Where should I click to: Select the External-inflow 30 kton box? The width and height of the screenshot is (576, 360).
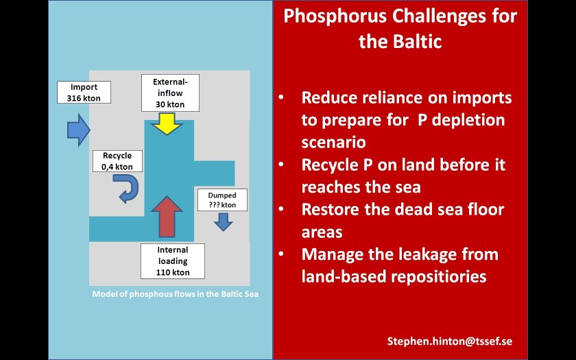pos(170,93)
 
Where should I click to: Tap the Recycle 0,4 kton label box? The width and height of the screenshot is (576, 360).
pos(117,160)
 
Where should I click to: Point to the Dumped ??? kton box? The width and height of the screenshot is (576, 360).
pos(221,200)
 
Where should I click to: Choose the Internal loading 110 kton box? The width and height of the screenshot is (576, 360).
pos(173,261)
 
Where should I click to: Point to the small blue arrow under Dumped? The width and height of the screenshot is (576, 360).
pos(224,222)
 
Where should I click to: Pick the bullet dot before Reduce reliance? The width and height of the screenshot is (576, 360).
pos(282,98)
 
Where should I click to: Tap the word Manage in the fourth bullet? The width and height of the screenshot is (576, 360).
pos(331,254)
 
